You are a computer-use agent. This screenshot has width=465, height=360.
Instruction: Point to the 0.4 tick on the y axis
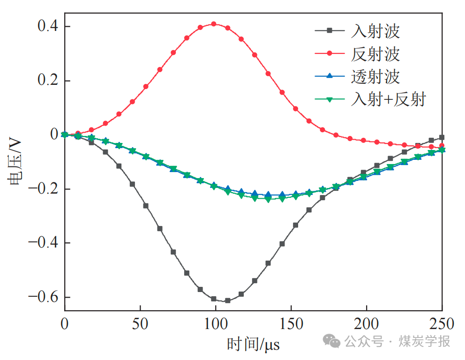coord(48,26)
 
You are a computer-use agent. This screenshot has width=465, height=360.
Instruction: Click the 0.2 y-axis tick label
coord(48,81)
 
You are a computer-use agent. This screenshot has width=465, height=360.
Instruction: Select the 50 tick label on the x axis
coord(140,323)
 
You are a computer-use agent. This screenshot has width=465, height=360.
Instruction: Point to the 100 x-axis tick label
coord(216,323)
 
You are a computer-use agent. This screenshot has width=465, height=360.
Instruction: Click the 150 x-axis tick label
coord(291,323)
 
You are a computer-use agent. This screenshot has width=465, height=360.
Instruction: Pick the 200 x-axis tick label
coord(367,323)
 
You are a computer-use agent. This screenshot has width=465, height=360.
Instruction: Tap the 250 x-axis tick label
coord(442,323)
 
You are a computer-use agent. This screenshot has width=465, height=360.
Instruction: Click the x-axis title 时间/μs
coord(254,345)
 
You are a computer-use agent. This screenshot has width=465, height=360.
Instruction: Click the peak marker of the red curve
coord(214,23)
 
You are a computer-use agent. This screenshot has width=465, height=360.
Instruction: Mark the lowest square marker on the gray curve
coord(227,300)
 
